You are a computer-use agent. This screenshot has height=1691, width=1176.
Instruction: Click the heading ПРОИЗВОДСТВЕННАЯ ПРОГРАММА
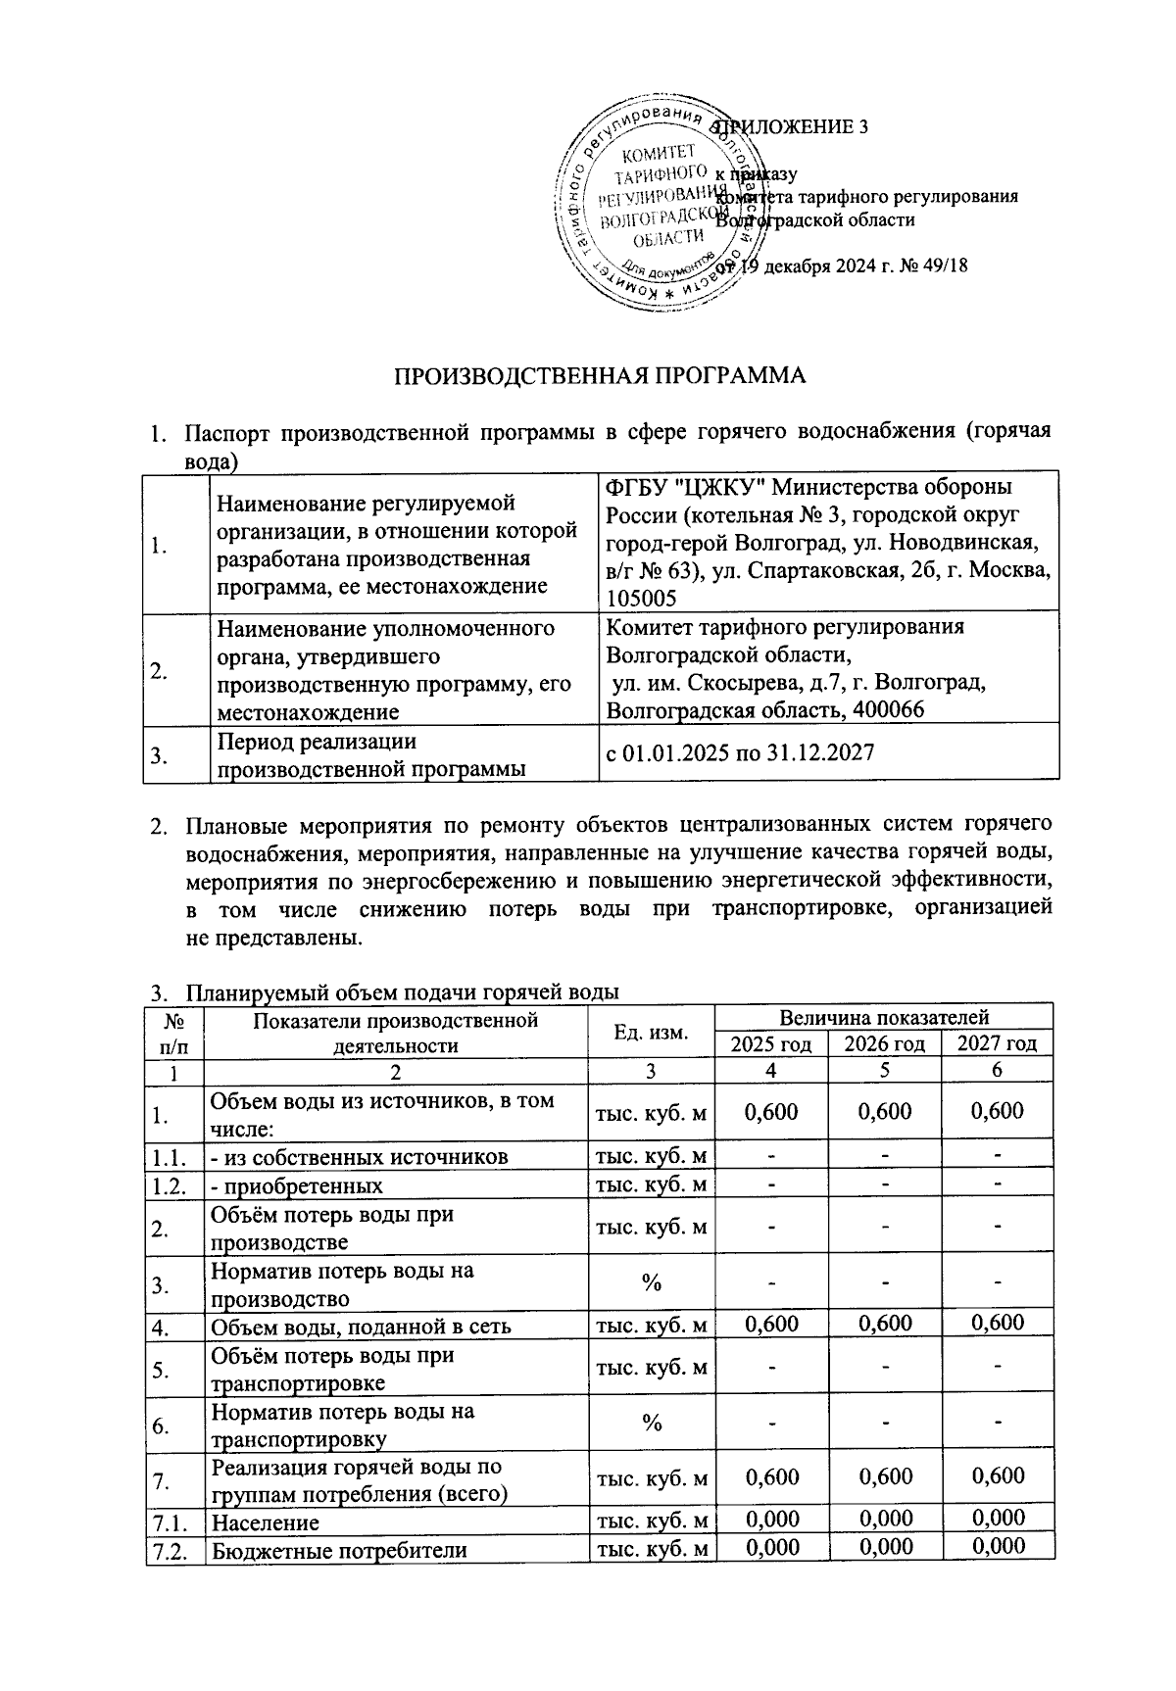click(x=600, y=377)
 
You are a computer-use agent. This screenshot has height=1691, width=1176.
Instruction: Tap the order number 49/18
click(x=939, y=266)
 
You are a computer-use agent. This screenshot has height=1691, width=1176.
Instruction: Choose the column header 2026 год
click(x=885, y=1044)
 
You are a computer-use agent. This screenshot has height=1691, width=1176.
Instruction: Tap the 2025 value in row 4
click(x=771, y=1324)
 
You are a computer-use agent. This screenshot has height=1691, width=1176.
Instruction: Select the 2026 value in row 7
click(x=885, y=1476)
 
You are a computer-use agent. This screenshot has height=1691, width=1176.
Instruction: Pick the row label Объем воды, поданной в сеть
click(x=362, y=1328)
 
